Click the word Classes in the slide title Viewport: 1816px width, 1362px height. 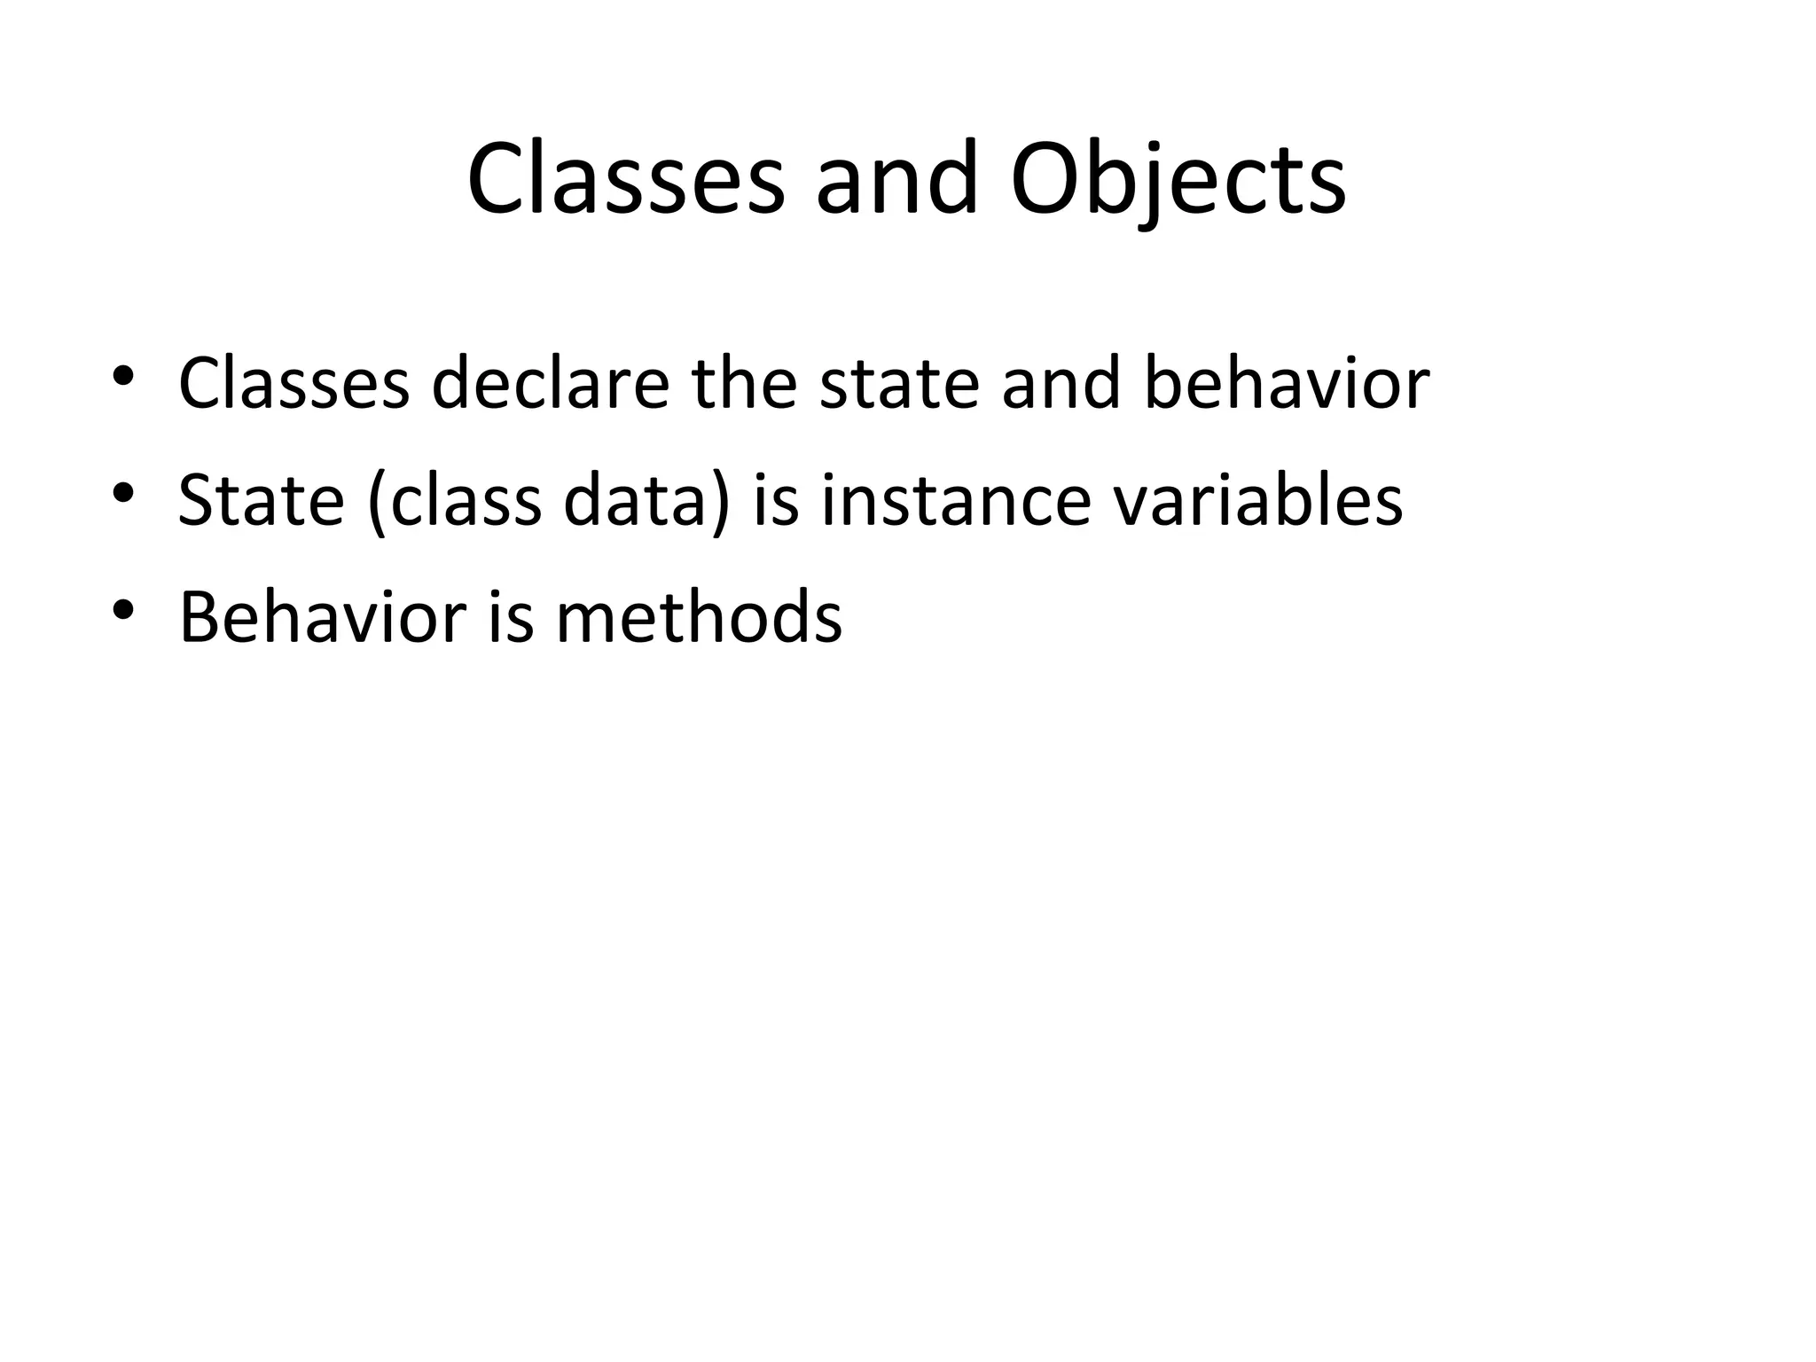[x=626, y=181]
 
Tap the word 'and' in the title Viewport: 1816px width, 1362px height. [x=896, y=181]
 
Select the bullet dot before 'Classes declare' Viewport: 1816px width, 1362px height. [x=123, y=376]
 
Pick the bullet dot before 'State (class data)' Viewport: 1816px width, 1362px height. [x=123, y=492]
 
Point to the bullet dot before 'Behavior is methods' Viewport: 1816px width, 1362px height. [x=123, y=609]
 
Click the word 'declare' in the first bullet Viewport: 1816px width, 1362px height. [x=550, y=383]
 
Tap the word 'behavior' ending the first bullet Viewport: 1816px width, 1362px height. [x=1286, y=383]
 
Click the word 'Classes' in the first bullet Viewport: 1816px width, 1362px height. [x=294, y=383]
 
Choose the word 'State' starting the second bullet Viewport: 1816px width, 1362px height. [x=261, y=500]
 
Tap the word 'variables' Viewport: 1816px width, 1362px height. [x=1257, y=500]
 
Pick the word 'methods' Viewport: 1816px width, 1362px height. [x=699, y=617]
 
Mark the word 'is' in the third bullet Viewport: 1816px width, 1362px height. [x=511, y=617]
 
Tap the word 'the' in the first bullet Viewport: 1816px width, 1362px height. [x=744, y=383]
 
